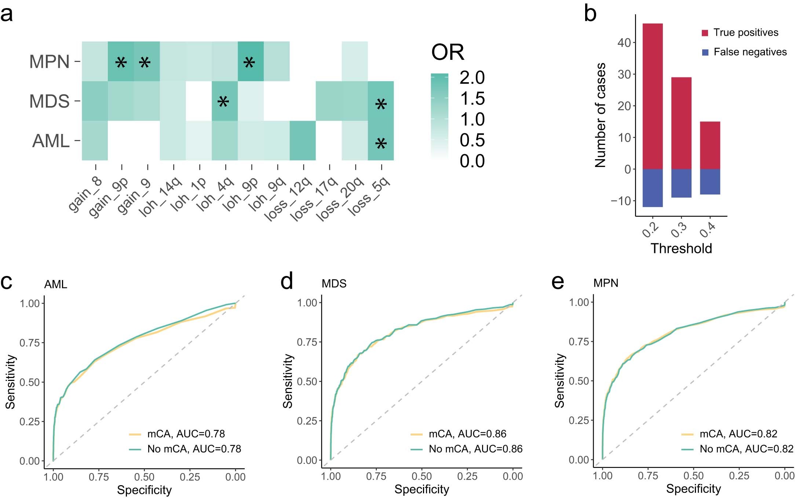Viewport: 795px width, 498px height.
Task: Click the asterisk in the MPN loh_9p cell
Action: tap(249, 63)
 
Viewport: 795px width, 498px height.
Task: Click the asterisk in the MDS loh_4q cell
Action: tap(223, 102)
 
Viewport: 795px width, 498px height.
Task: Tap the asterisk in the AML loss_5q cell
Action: tap(381, 143)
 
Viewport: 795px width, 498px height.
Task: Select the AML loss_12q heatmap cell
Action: tap(303, 141)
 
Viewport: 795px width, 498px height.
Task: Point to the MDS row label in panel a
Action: tap(50, 101)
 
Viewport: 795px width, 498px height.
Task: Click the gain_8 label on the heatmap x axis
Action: tap(85, 195)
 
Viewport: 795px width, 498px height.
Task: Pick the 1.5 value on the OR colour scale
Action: tap(472, 98)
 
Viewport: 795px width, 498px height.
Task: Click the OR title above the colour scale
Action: tap(448, 52)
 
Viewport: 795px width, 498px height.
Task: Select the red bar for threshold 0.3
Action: tap(681, 123)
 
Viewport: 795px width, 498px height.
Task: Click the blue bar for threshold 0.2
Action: tap(653, 188)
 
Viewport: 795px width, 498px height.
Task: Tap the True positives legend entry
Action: tap(745, 33)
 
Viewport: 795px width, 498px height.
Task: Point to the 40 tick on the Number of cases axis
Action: tap(624, 43)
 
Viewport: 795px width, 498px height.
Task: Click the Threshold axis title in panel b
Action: tap(681, 248)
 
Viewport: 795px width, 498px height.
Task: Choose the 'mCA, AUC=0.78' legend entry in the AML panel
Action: tap(186, 434)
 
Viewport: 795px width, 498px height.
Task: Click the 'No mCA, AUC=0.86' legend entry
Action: tap(475, 449)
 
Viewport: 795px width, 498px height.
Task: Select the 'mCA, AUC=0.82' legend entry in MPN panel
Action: tap(738, 434)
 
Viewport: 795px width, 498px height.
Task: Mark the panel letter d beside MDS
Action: tap(287, 282)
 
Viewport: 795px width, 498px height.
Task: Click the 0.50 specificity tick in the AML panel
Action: tap(144, 477)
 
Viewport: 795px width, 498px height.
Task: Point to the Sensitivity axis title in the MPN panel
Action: tap(559, 381)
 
